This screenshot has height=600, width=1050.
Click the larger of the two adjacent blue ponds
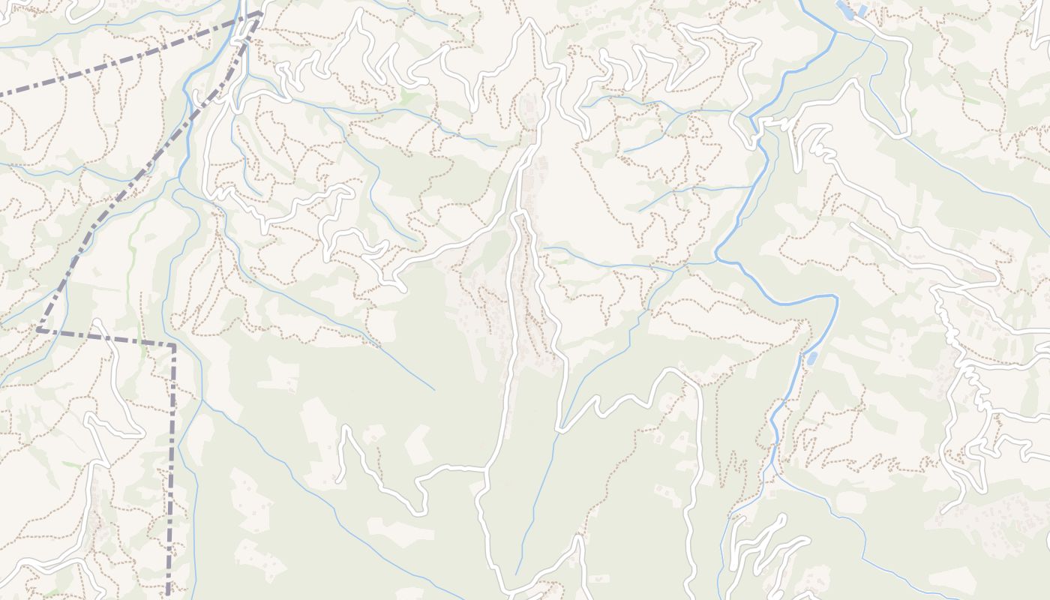pyautogui.click(x=844, y=9)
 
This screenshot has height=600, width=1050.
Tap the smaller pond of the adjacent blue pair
pyautogui.click(x=862, y=10)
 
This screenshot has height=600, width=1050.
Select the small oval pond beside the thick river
pyautogui.click(x=811, y=358)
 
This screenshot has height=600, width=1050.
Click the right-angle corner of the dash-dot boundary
pyautogui.click(x=173, y=346)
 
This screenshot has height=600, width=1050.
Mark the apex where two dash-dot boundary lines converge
pyautogui.click(x=260, y=13)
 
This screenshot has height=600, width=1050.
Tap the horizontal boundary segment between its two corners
pyautogui.click(x=105, y=337)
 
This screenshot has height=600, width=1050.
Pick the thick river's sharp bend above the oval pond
pyautogui.click(x=835, y=298)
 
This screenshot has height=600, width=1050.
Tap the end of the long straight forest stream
pyautogui.click(x=433, y=390)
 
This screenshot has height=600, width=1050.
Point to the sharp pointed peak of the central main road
pyautogui.click(x=531, y=21)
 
